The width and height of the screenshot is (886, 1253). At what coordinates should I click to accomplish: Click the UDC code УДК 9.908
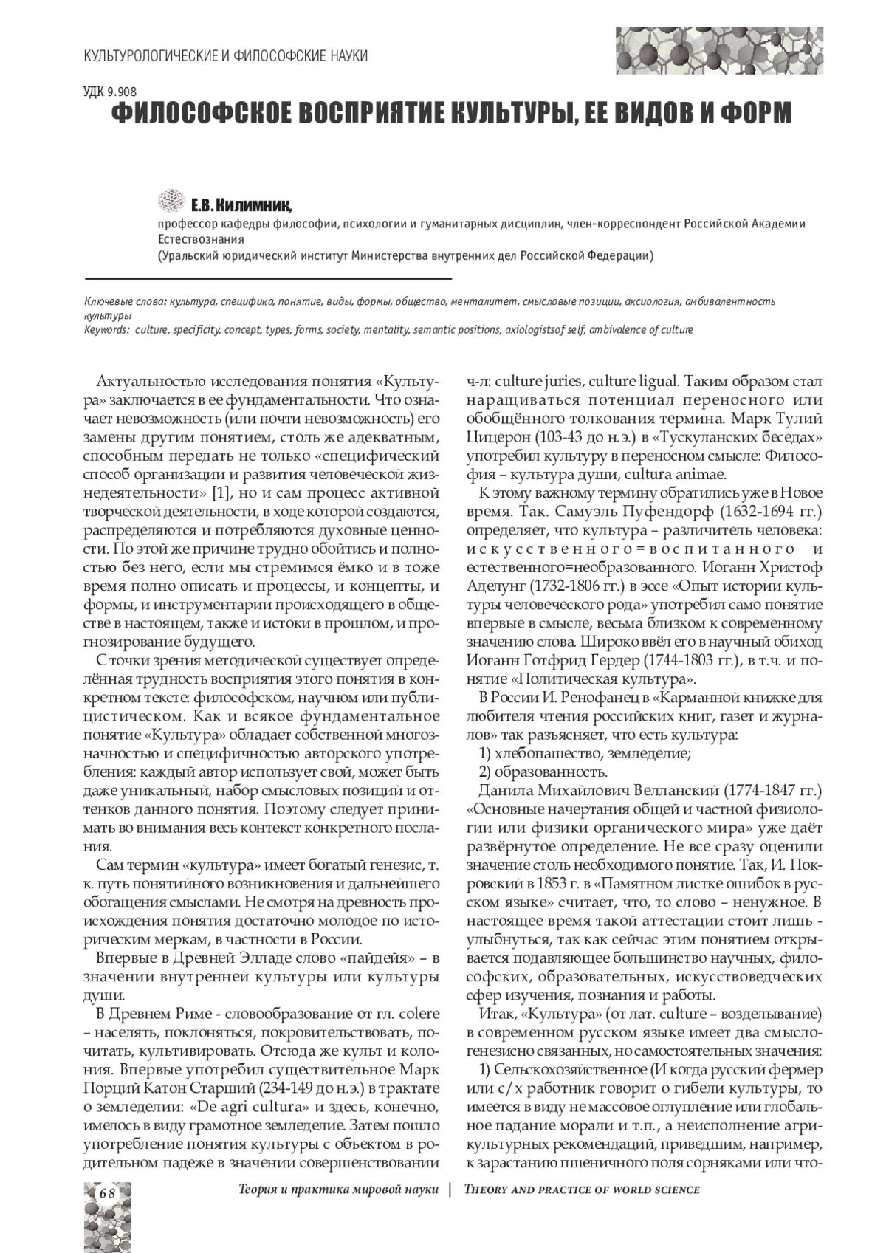point(106,93)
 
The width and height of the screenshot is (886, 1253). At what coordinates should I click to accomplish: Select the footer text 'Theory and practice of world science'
point(581,1190)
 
